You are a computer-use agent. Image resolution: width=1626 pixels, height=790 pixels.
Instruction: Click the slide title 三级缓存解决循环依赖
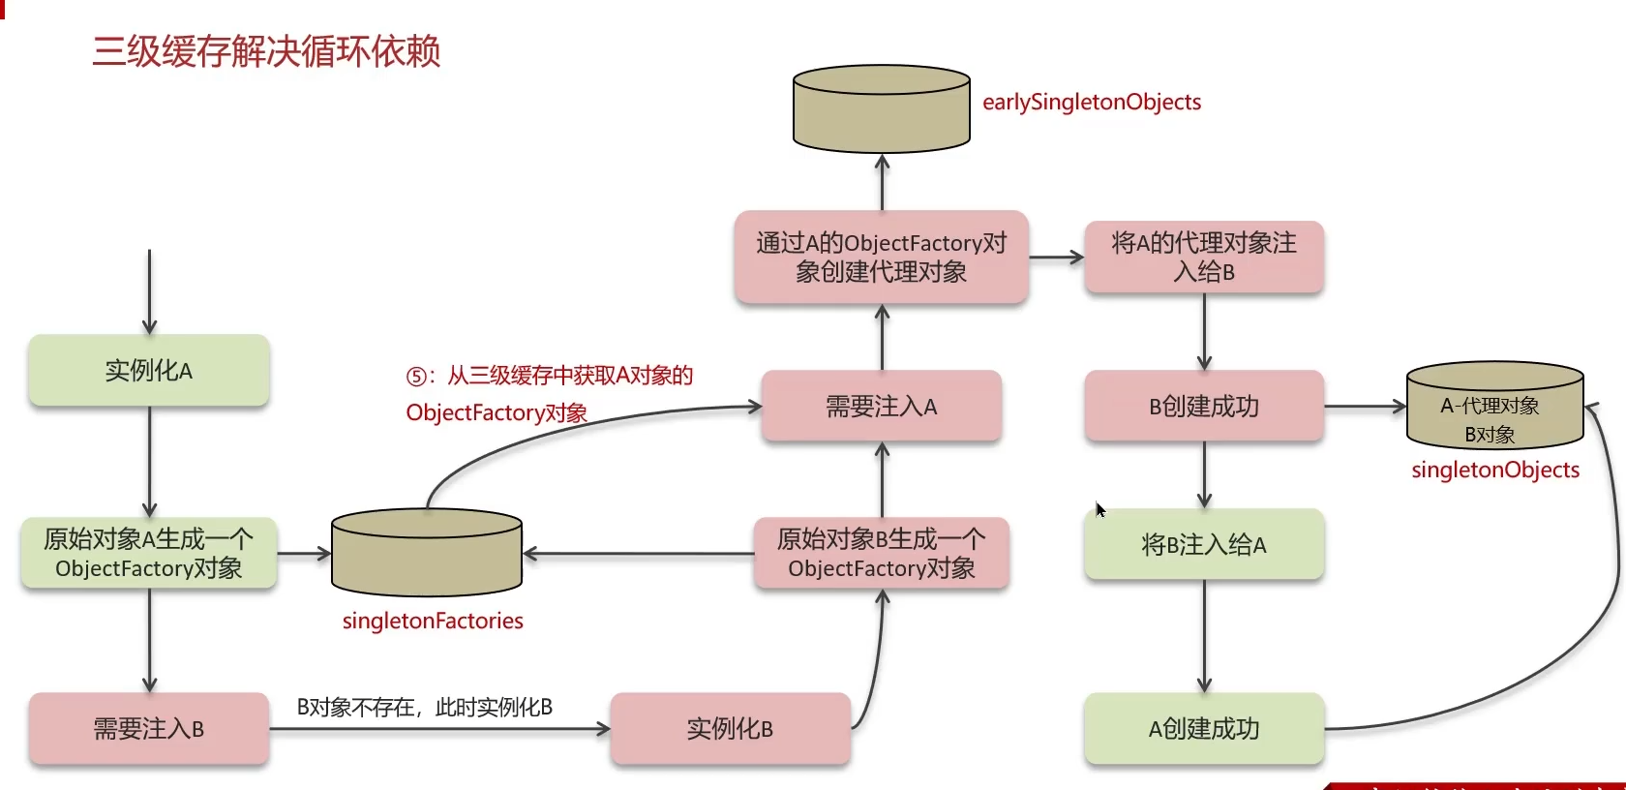[266, 51]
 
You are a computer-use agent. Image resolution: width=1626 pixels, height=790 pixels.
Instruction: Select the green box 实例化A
[149, 371]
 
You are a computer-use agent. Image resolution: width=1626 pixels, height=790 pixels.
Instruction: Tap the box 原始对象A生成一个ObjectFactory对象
[149, 554]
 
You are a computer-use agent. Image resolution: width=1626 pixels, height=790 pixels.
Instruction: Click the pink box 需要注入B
[149, 729]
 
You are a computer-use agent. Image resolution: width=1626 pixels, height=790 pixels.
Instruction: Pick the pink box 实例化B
[730, 729]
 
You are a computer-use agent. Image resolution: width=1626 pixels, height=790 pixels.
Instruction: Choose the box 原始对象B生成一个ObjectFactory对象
[881, 554]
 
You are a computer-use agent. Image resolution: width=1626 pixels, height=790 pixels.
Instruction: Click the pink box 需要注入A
[881, 407]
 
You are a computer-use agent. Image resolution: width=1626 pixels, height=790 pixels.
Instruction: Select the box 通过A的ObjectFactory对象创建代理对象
[881, 258]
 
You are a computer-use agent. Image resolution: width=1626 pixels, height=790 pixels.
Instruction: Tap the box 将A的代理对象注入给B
[1204, 258]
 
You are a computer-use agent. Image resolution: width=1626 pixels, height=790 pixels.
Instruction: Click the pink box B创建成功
[1204, 407]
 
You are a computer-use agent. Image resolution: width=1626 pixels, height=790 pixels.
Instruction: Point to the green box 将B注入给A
[1204, 545]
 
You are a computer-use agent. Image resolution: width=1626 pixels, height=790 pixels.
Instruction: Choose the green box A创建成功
[1204, 729]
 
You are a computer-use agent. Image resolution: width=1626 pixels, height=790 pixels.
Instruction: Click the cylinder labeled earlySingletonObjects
[881, 109]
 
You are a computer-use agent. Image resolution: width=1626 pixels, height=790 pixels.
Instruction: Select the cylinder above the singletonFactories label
[427, 552]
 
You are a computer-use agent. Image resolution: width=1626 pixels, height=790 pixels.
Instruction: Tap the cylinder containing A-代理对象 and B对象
[1494, 407]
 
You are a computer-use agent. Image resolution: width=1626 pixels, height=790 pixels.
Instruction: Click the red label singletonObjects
[1495, 471]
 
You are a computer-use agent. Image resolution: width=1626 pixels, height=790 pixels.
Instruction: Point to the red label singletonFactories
[433, 622]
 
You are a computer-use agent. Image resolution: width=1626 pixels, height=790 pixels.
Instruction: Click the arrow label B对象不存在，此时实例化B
[424, 708]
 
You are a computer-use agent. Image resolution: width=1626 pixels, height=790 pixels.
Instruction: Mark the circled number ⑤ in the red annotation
[416, 377]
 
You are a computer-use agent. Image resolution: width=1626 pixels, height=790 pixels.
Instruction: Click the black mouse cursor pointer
[1100, 509]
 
